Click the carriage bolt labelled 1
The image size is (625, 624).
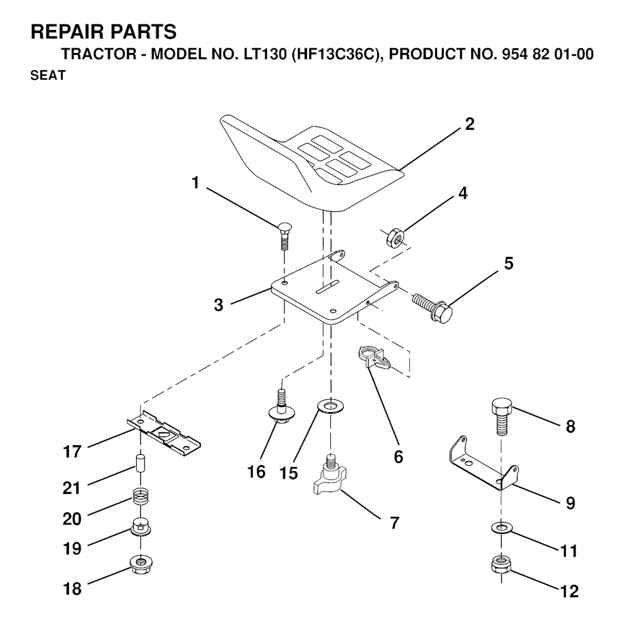(x=284, y=235)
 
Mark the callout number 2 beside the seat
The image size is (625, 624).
(x=469, y=125)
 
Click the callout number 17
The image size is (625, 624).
(x=72, y=452)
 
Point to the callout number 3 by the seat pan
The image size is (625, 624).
(x=219, y=305)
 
